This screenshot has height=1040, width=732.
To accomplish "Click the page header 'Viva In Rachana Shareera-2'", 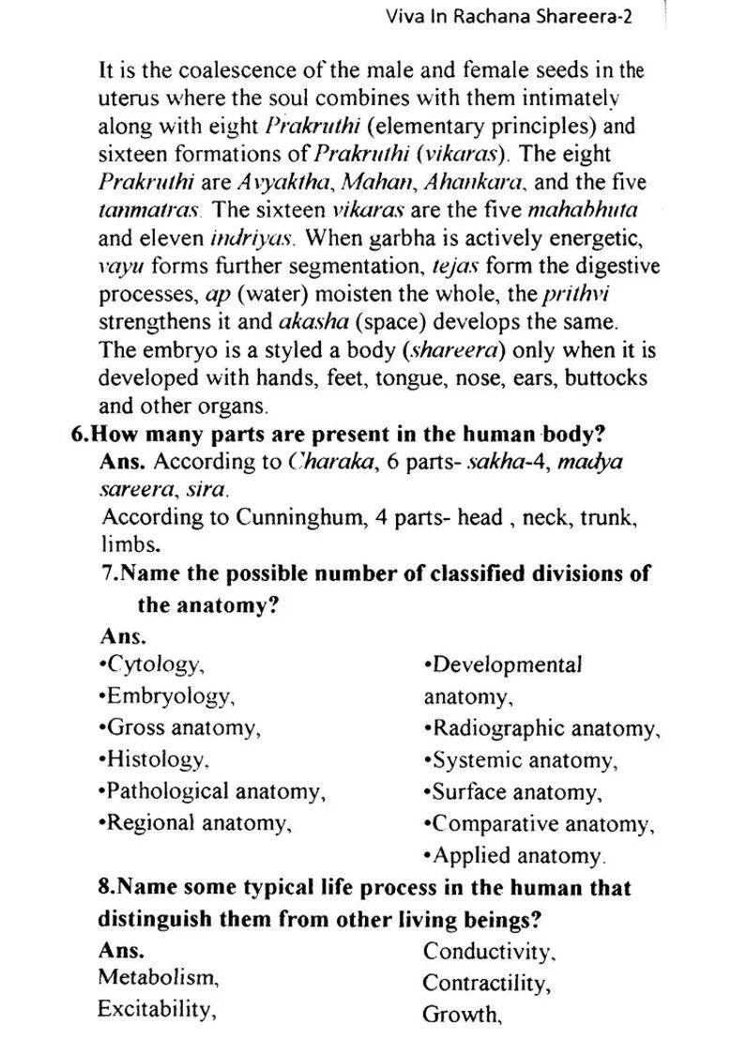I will point(509,18).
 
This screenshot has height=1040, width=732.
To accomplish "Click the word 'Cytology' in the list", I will point(154,665).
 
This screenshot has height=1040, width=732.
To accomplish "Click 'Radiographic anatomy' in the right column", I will point(543,729).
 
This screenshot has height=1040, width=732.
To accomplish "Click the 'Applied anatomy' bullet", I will point(514,856).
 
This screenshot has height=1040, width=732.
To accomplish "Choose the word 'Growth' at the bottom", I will point(461,1015).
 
